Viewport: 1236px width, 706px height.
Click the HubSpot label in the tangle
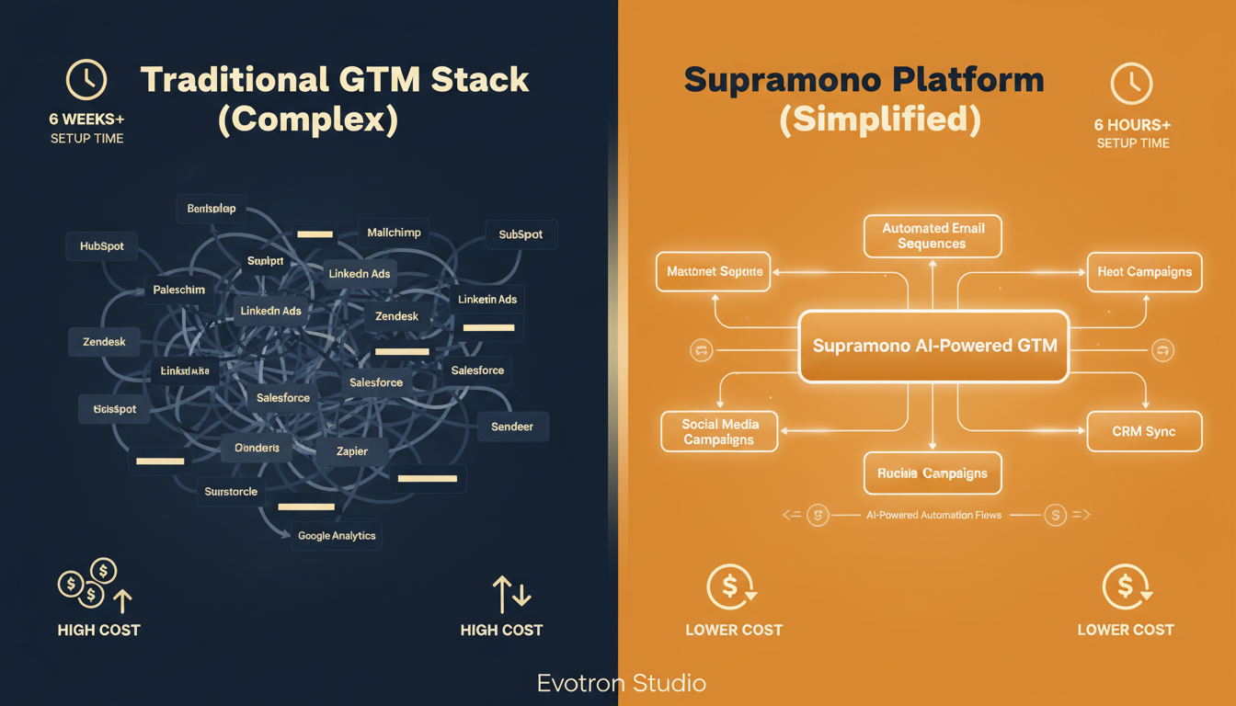pos(102,246)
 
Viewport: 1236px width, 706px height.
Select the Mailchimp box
pos(394,233)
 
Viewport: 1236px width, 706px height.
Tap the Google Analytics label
pos(337,535)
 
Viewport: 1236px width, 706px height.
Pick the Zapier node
pos(351,450)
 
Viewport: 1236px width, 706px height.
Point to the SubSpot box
pos(521,234)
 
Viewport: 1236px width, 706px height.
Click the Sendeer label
pos(512,427)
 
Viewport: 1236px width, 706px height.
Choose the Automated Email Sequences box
pos(933,236)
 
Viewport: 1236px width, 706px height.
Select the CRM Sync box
pos(1144,431)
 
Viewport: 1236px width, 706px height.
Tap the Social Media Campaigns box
pos(719,432)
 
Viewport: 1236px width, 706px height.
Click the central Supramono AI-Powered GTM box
pos(934,347)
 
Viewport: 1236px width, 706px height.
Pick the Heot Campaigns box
pos(1144,272)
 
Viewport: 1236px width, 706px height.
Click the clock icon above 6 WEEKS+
pos(86,82)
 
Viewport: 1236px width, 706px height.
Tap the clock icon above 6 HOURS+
pos(1131,85)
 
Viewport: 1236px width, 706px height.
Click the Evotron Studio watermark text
pos(622,683)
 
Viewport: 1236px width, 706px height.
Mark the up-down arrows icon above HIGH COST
pos(512,595)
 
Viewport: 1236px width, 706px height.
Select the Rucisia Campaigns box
pos(933,473)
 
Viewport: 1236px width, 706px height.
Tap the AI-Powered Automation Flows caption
pos(934,516)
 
